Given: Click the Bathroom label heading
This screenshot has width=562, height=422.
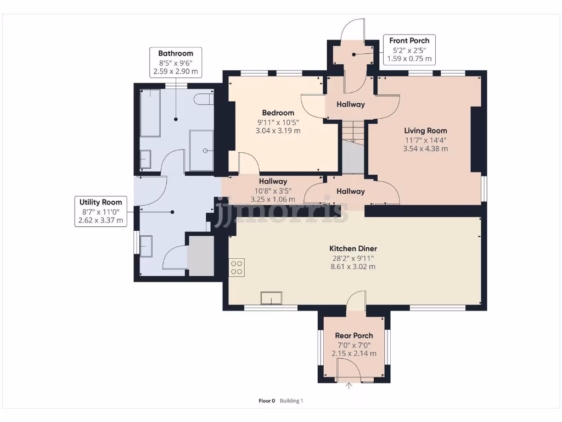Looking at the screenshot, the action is pos(176,53).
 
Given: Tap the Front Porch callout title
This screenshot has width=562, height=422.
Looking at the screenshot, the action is pos(409,41).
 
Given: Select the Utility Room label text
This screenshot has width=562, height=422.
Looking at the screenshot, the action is pos(101,202).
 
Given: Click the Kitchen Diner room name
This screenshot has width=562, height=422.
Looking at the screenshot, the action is pos(353,248).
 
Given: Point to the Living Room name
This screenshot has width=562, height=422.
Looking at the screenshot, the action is pos(425,131).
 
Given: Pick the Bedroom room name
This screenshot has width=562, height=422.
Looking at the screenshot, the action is pos(278,113).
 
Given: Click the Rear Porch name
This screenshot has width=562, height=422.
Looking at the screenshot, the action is pos(354,336).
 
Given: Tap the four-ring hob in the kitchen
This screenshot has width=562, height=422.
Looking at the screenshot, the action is pos(237,268).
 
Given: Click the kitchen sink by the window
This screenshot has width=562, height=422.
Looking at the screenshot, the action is pos(271,298).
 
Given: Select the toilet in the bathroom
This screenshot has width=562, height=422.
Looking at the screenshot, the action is pos(204,99).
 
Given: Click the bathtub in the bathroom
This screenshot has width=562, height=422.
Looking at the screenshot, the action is pos(150,113).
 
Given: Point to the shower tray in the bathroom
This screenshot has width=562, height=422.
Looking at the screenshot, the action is pos(201,151).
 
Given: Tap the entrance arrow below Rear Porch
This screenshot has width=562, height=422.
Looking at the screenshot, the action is pos(349,386).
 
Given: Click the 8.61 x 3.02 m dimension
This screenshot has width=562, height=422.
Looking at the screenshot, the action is pos(353,266).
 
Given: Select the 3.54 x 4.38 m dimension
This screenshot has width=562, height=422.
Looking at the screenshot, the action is pos(425,148).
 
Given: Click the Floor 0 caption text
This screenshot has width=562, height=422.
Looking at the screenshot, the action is pos(267,401).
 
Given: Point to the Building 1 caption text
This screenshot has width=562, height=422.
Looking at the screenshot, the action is pos(291,401).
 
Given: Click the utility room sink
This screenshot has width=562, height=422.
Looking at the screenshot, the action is pos(146,246).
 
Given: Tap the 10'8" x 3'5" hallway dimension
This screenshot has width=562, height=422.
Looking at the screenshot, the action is pos(273,191).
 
